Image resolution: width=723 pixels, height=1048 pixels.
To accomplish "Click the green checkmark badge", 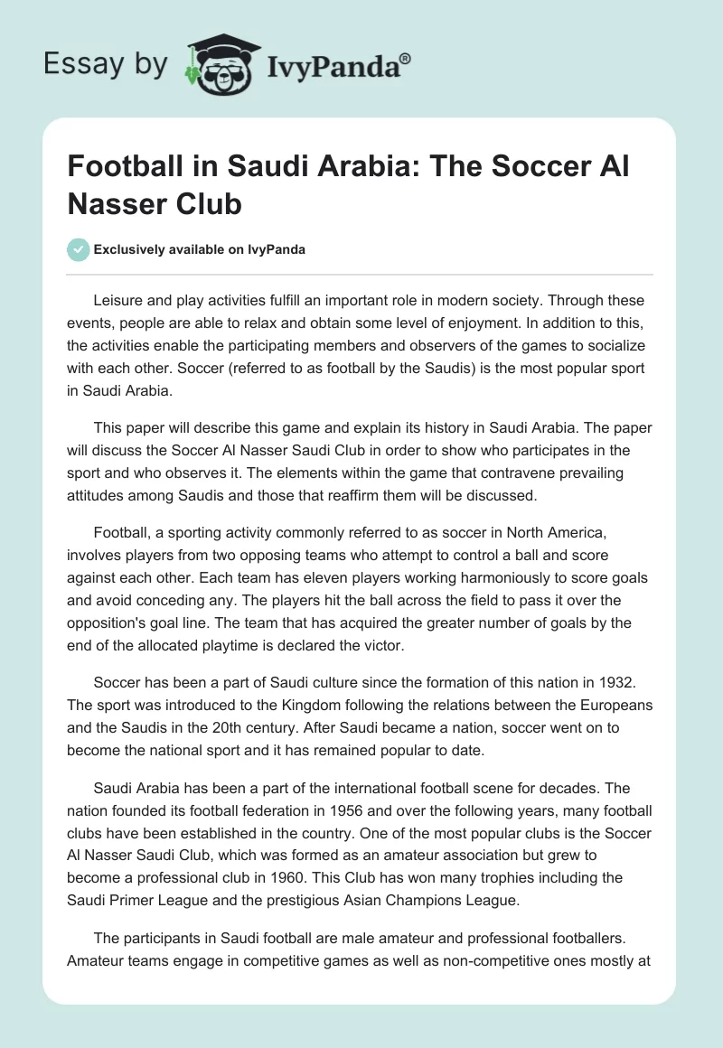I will point(78,248).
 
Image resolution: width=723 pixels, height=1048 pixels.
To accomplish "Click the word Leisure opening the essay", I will point(122,299).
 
